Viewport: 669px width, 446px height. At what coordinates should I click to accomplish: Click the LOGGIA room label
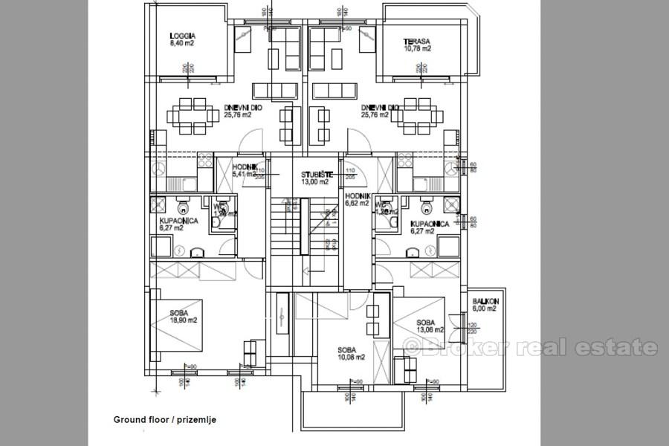click(183, 36)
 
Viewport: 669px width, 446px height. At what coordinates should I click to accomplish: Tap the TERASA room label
click(416, 41)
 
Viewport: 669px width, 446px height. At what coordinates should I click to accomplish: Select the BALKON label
click(485, 301)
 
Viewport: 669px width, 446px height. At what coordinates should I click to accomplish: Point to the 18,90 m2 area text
click(182, 320)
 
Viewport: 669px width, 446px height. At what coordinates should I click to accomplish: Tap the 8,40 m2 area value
click(183, 43)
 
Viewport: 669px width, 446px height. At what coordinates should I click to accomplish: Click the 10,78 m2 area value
click(417, 48)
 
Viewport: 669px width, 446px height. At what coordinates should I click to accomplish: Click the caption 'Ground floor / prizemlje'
click(164, 420)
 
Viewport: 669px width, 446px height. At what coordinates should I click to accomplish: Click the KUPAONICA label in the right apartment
click(430, 223)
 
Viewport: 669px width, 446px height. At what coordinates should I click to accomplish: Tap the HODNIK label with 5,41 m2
click(245, 168)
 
